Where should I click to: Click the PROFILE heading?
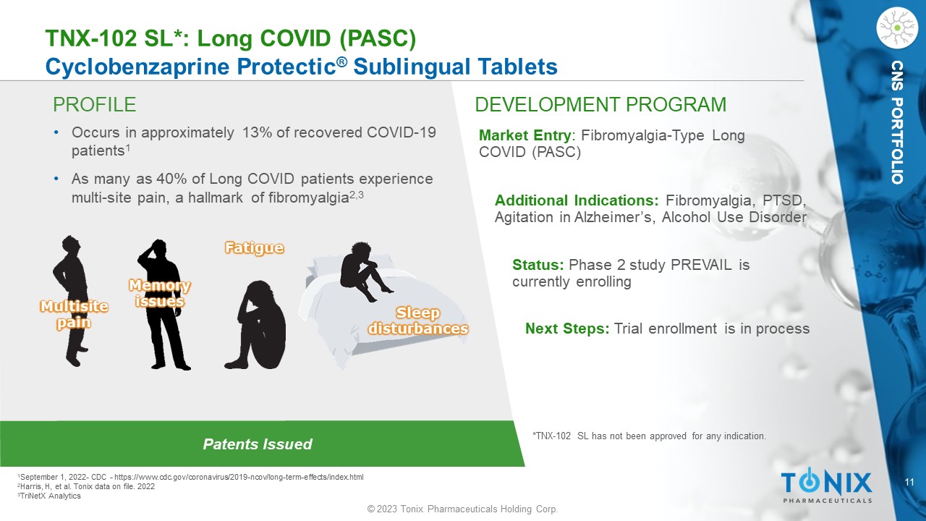pyautogui.click(x=94, y=105)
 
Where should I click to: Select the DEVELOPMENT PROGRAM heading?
pyautogui.click(x=600, y=105)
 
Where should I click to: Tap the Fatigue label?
pyautogui.click(x=254, y=247)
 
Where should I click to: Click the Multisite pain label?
pyautogui.click(x=74, y=314)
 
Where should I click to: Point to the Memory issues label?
pyautogui.click(x=160, y=293)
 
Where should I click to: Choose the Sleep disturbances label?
pyautogui.click(x=418, y=321)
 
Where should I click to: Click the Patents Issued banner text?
pyautogui.click(x=257, y=444)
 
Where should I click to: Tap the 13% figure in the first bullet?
pyautogui.click(x=257, y=132)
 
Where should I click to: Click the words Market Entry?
pyautogui.click(x=525, y=135)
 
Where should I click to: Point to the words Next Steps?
pyautogui.click(x=566, y=329)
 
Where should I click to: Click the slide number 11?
pyautogui.click(x=909, y=482)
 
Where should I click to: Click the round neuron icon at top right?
pyautogui.click(x=897, y=28)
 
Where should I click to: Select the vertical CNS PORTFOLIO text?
pyautogui.click(x=897, y=122)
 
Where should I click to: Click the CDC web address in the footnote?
pyautogui.click(x=239, y=477)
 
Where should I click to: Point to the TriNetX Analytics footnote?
pyautogui.click(x=49, y=496)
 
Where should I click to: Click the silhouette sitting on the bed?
pyautogui.click(x=365, y=271)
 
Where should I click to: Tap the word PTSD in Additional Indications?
pyautogui.click(x=783, y=200)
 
